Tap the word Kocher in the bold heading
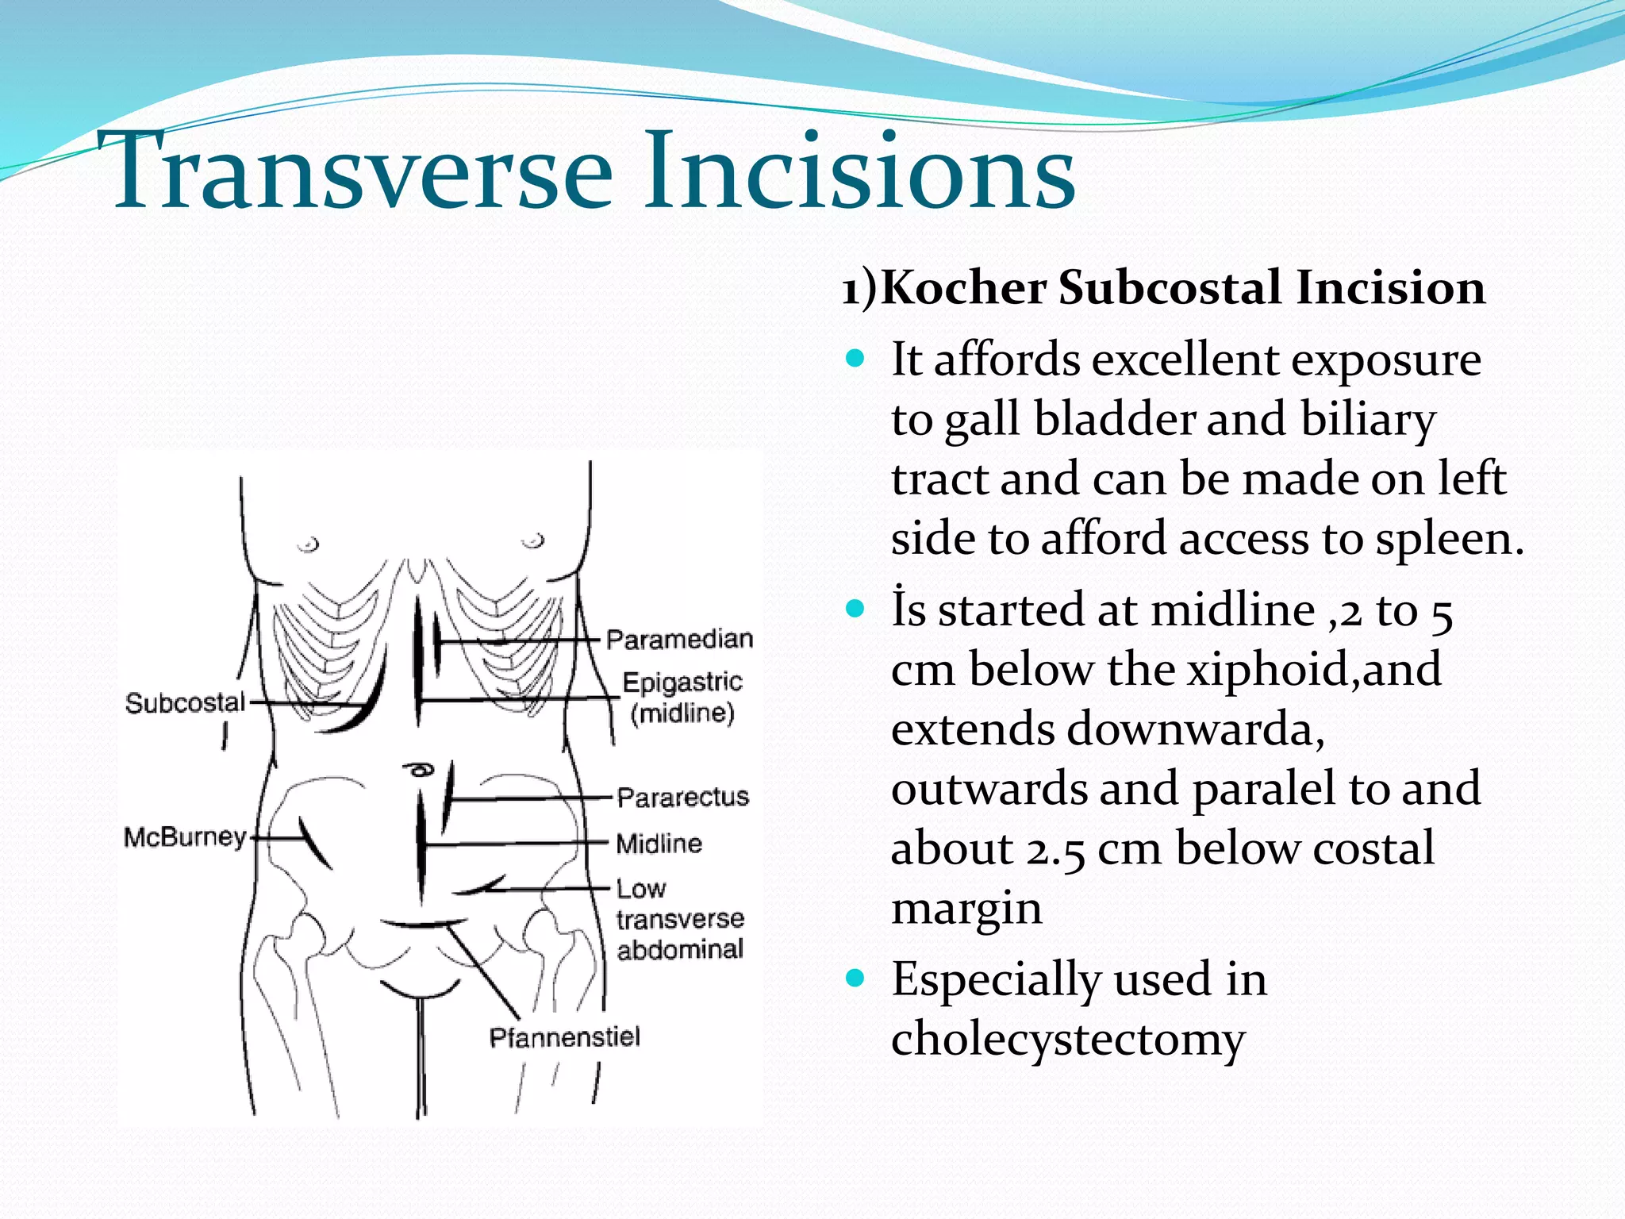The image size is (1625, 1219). click(963, 287)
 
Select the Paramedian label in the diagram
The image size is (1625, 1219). click(679, 639)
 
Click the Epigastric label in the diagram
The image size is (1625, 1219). click(682, 682)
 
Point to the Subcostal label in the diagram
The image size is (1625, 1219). click(185, 702)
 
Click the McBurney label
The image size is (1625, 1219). click(185, 836)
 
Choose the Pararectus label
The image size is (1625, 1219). click(682, 796)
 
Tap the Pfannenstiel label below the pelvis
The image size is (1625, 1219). click(564, 1037)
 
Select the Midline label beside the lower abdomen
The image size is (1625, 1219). click(659, 843)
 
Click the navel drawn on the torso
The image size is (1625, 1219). click(419, 769)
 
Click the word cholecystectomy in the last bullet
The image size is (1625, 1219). click(1068, 1039)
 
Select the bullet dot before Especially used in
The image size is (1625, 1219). click(855, 978)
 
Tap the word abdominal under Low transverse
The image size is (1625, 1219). click(680, 949)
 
